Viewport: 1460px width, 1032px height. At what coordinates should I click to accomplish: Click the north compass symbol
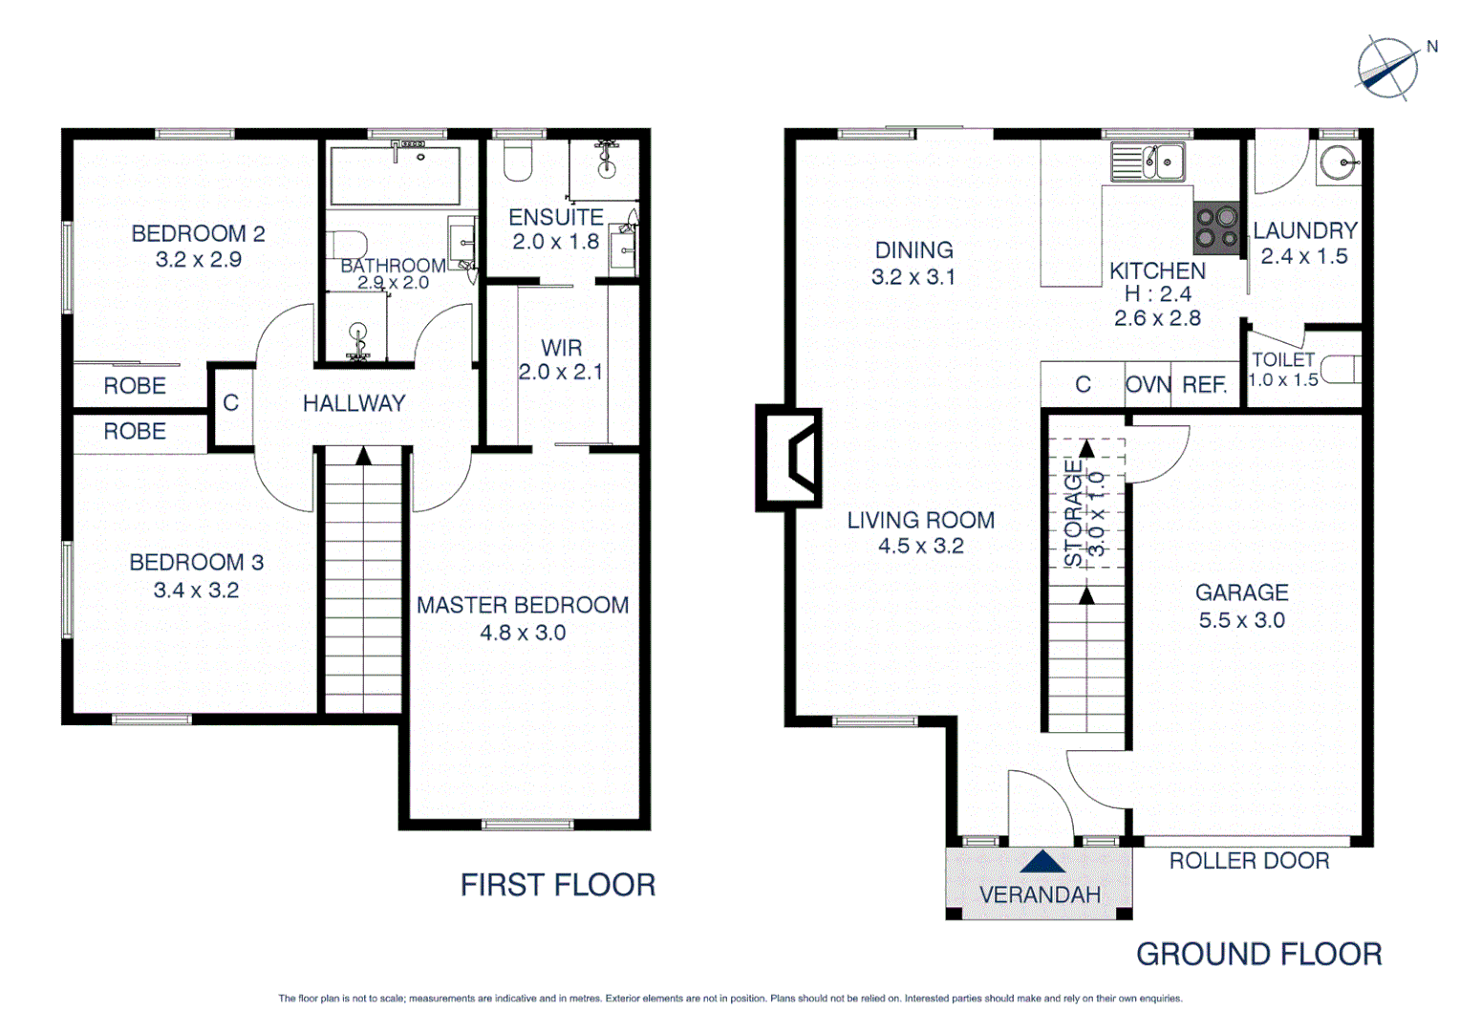(x=1387, y=68)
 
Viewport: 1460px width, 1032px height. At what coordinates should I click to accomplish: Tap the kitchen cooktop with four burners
(x=1215, y=228)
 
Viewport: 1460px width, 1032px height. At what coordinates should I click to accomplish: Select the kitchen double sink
(x=1149, y=161)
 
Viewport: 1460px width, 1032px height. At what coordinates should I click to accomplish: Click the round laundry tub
(x=1339, y=162)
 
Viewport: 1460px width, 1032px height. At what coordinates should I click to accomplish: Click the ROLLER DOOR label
(x=1249, y=861)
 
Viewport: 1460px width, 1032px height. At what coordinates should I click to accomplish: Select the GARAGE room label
(x=1241, y=592)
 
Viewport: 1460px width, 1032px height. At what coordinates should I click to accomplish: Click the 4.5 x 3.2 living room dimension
(x=921, y=547)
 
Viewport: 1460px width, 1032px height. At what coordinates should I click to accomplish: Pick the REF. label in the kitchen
(x=1204, y=385)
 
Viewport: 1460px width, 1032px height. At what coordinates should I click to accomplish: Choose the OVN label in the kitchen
(x=1148, y=385)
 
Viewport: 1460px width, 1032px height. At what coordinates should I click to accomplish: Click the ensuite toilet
(x=517, y=161)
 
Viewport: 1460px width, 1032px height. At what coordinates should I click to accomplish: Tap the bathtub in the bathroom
(x=395, y=176)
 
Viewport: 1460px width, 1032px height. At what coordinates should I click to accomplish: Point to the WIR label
(x=561, y=348)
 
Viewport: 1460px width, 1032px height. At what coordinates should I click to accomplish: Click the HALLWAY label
(x=354, y=403)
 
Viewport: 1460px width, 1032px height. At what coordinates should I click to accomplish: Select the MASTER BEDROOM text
(x=523, y=605)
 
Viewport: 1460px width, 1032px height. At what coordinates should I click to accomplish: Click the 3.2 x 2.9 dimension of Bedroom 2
(x=199, y=260)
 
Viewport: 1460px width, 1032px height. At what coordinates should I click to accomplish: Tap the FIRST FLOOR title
(x=558, y=885)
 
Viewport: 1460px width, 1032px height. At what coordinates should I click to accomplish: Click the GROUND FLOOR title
(x=1258, y=954)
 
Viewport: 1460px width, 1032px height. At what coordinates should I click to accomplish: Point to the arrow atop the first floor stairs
(x=363, y=456)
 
